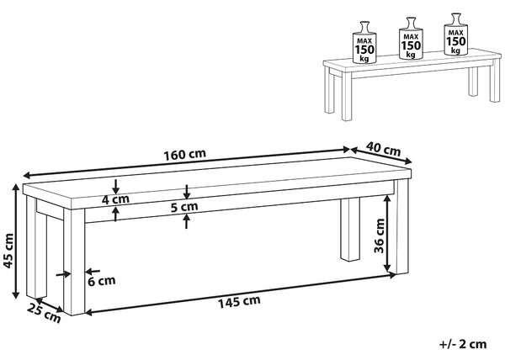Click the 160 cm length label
click(184, 155)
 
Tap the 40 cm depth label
click(384, 149)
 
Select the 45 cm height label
click(8, 251)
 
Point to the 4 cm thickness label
click(115, 199)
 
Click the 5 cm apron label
click(184, 207)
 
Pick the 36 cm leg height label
click(380, 236)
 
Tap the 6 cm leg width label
click(102, 281)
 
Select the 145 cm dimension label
click(239, 301)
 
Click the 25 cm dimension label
click(44, 313)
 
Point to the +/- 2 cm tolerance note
click(463, 344)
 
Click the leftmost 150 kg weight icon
click(364, 42)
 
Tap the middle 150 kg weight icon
click(411, 39)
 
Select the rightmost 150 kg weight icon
click(455, 34)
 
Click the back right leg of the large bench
click(350, 230)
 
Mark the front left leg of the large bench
click(74, 262)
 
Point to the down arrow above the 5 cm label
click(187, 192)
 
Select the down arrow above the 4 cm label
click(115, 186)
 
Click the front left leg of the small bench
click(347, 98)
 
